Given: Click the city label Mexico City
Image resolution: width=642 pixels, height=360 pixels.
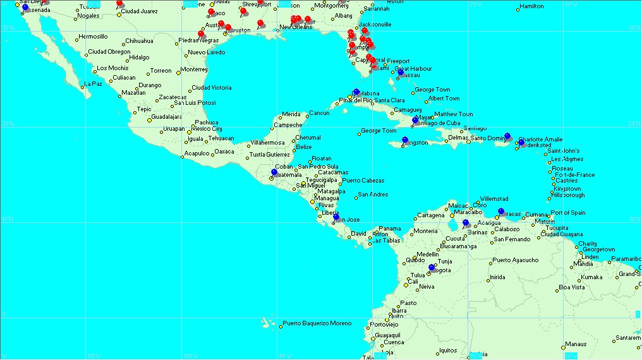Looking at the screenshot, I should point(208,129).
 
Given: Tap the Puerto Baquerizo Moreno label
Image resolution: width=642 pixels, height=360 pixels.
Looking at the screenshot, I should point(317,323).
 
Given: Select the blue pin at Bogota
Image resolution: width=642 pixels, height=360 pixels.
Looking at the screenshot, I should point(432,268).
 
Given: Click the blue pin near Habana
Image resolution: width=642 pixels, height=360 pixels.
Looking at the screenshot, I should point(356,92).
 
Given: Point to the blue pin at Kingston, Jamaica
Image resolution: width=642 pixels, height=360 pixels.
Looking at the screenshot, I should point(405,140).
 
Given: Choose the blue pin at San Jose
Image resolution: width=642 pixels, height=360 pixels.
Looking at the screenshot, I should point(336,217).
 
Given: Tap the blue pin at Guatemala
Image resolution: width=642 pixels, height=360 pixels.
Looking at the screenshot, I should point(274,172).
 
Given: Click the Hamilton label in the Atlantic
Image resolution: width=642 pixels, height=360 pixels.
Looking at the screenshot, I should point(530,6).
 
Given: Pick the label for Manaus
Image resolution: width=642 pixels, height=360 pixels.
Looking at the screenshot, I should point(575,344).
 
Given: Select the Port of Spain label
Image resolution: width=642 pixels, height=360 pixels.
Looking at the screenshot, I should point(568,213).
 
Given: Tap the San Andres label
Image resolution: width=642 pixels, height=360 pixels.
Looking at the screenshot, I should point(373,195).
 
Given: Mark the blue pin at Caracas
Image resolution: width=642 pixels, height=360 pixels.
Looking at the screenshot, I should point(501,212).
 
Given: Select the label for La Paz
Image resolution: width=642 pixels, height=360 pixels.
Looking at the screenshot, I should point(93,83).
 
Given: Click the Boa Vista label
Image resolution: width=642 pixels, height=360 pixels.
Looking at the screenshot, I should point(572,287).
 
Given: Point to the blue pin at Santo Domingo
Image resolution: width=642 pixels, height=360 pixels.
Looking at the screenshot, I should point(507,136).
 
